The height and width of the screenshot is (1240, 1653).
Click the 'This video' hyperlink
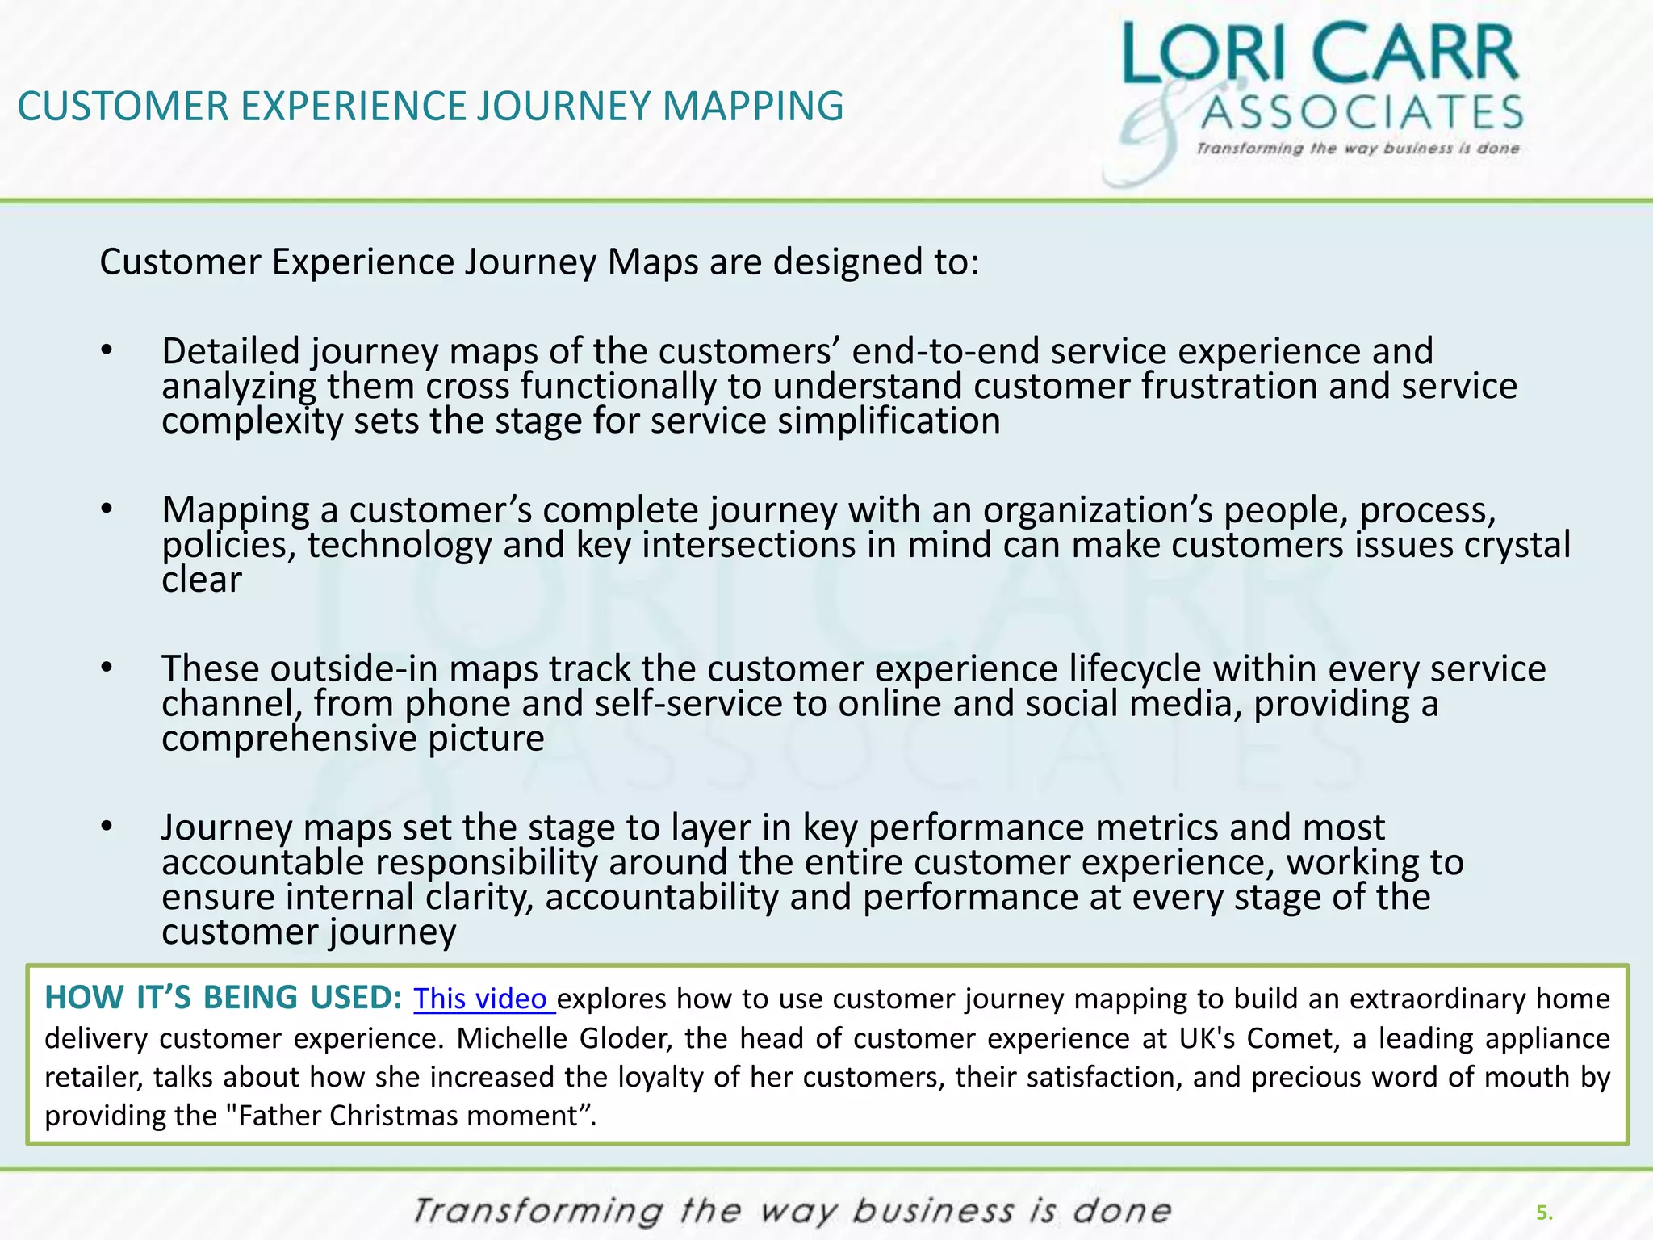tap(482, 999)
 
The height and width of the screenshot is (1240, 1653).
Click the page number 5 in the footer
tap(1543, 1213)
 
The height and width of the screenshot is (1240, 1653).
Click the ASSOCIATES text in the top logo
tap(1361, 112)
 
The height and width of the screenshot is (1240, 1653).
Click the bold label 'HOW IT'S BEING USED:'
tap(223, 998)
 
